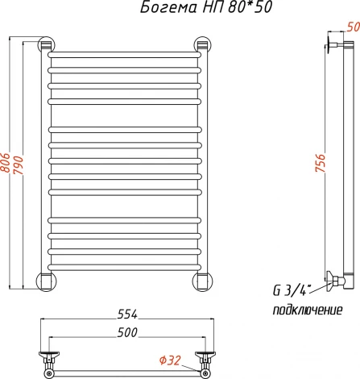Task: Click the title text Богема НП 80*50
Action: click(x=206, y=7)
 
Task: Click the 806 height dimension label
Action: click(x=5, y=163)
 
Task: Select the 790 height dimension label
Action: click(x=19, y=165)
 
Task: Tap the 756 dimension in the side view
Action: click(x=320, y=163)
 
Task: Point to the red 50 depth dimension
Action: click(x=353, y=27)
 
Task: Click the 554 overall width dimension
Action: click(x=127, y=314)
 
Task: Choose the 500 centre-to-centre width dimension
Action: click(x=127, y=332)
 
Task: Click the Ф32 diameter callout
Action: click(x=170, y=360)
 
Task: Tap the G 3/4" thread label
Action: click(x=292, y=290)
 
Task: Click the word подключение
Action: click(x=308, y=310)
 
